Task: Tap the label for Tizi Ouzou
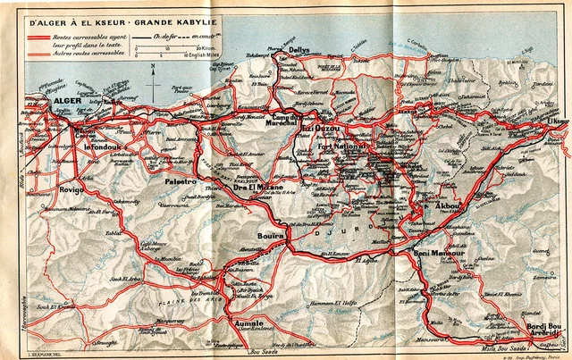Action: tap(318, 127)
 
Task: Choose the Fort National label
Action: tap(350, 147)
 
